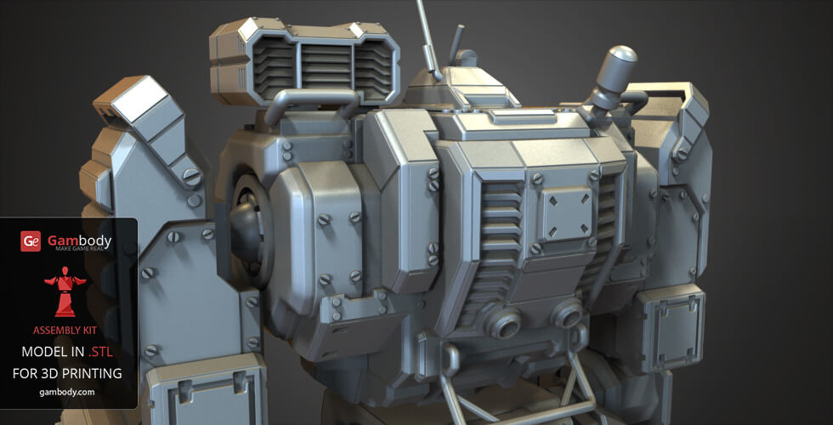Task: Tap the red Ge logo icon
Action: (31, 242)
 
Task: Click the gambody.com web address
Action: (68, 392)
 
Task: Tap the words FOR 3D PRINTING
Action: (68, 372)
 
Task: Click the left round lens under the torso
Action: (504, 320)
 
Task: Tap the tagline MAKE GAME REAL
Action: (78, 249)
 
